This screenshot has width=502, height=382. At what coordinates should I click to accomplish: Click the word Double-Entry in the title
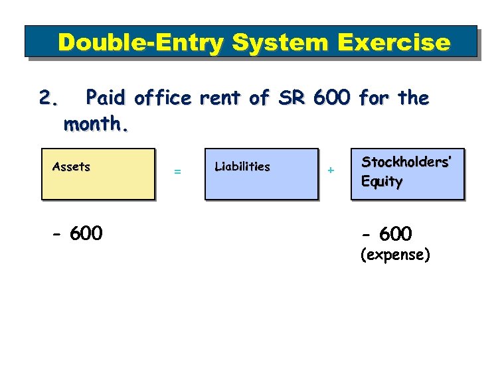[140, 43]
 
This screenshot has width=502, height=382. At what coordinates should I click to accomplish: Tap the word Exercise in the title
[395, 43]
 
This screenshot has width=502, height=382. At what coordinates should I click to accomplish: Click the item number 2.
[48, 99]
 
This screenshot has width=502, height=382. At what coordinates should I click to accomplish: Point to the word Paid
[107, 99]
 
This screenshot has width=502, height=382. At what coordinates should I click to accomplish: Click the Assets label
[71, 167]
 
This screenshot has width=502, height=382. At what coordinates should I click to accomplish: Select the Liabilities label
[242, 167]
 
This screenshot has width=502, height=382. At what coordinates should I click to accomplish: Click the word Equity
[382, 182]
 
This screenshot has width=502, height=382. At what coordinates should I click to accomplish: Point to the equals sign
[177, 172]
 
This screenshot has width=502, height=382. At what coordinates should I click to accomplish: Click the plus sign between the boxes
[331, 171]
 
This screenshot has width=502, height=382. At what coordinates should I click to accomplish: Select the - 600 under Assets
[78, 233]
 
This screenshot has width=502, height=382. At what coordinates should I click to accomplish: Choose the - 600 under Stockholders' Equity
[386, 233]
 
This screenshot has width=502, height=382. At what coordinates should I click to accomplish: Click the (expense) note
[394, 255]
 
